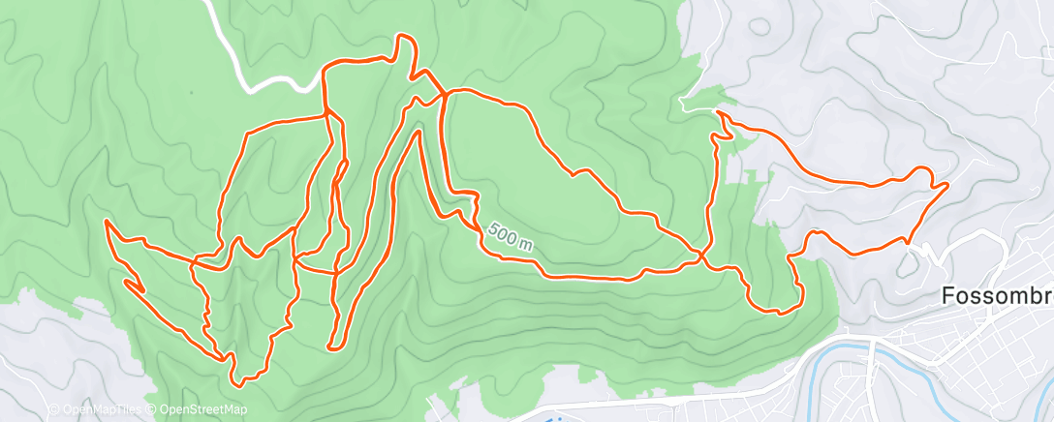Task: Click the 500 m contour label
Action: (x=511, y=236)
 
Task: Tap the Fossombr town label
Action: (x=997, y=297)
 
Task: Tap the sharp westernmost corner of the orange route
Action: (x=105, y=222)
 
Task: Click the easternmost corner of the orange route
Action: (x=946, y=183)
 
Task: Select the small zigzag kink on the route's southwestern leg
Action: (x=136, y=286)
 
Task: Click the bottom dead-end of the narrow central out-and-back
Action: (x=331, y=346)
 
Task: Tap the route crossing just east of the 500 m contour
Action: (x=700, y=256)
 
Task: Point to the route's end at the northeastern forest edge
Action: (x=718, y=113)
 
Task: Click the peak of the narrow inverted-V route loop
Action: (x=418, y=130)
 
